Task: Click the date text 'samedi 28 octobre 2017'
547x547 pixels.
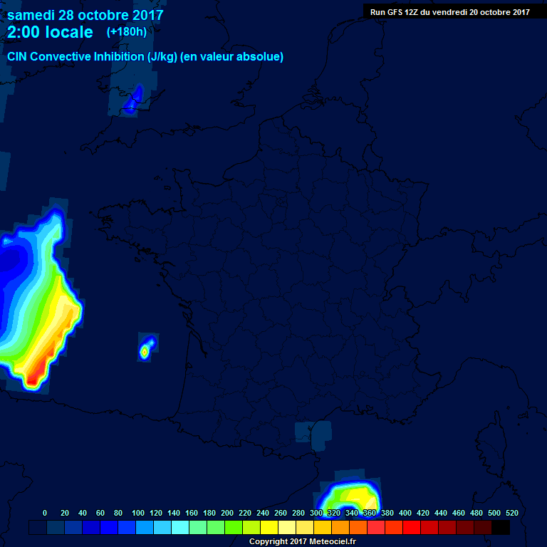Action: (85, 15)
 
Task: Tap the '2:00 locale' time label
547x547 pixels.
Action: (50, 32)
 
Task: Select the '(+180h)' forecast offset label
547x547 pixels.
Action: (126, 32)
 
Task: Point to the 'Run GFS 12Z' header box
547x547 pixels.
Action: (449, 12)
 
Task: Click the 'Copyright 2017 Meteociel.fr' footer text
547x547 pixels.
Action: (302, 541)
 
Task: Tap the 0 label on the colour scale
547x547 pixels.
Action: (45, 513)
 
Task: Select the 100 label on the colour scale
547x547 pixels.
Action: (137, 513)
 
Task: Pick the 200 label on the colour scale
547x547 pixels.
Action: (227, 513)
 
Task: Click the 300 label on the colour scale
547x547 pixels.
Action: (316, 513)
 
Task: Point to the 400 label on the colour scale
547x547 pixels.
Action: (405, 513)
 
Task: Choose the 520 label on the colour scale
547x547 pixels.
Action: (511, 513)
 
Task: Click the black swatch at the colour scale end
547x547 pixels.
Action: (501, 528)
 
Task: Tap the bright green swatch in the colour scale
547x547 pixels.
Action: (234, 528)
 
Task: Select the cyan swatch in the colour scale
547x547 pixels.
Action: (180, 528)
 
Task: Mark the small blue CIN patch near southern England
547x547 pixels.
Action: (133, 101)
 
